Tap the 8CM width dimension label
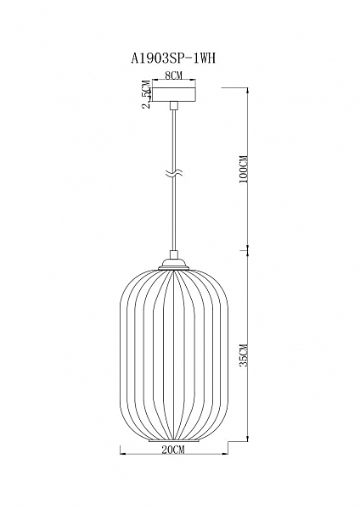click(173, 76)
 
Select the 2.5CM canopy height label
click(147, 94)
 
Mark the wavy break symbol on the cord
click(173, 176)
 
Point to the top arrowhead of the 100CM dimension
click(248, 90)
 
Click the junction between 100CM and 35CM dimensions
click(248, 252)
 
